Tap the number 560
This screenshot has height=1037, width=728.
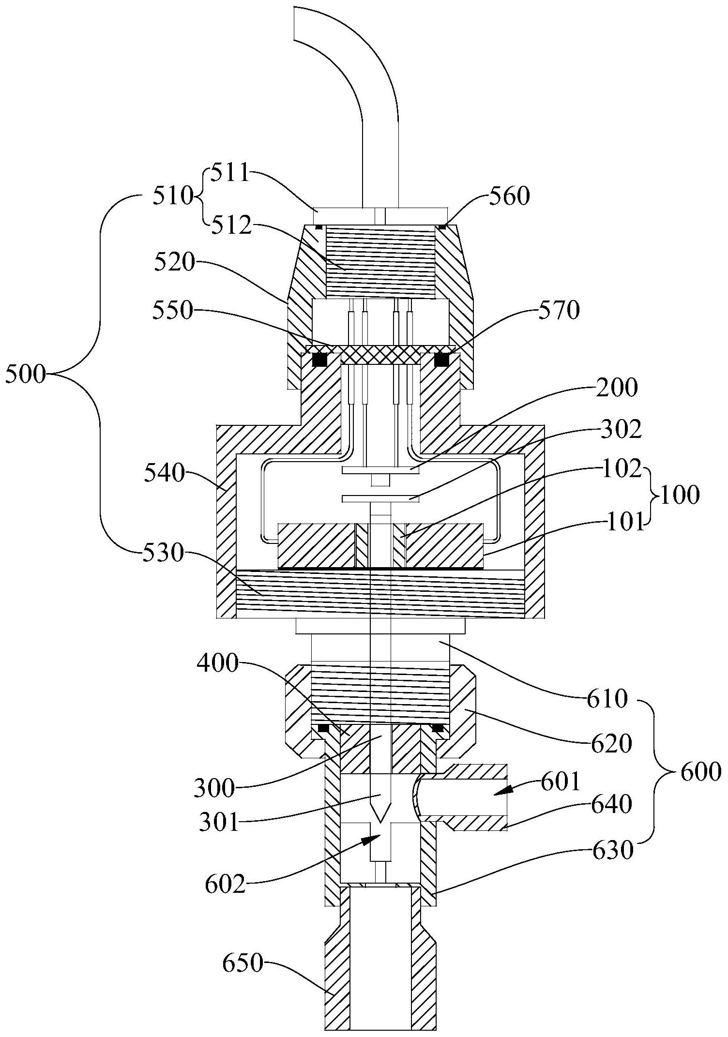(x=510, y=196)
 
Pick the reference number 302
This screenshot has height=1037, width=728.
(x=622, y=429)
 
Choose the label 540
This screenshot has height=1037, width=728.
(x=164, y=473)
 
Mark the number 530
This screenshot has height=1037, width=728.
(x=163, y=553)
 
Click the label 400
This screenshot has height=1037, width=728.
(x=218, y=664)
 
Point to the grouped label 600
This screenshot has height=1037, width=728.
(x=700, y=773)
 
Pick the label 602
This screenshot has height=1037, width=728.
(x=226, y=885)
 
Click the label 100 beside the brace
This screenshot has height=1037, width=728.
(x=679, y=496)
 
